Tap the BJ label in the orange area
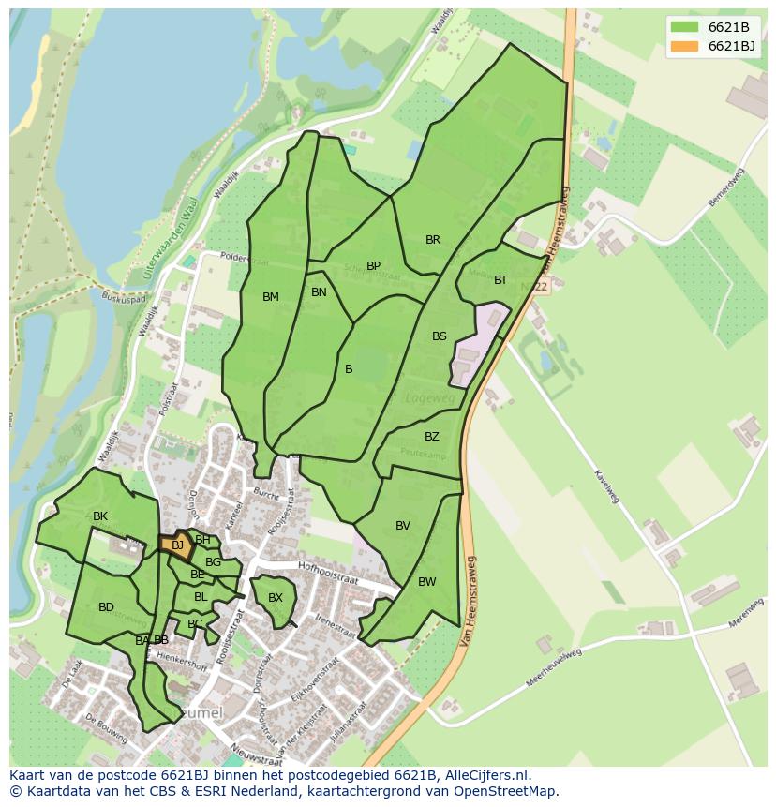[x=177, y=545]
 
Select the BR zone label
[x=432, y=240]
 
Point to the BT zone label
[x=500, y=280]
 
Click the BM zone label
[x=270, y=297]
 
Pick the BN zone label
[x=319, y=292]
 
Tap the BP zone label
[x=373, y=266]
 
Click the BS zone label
[x=439, y=336]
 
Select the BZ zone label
[x=431, y=437]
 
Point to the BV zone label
[x=402, y=526]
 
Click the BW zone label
[x=426, y=582]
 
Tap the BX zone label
[x=275, y=598]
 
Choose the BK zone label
[x=99, y=516]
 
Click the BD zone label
[x=106, y=607]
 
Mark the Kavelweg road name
[x=606, y=485]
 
